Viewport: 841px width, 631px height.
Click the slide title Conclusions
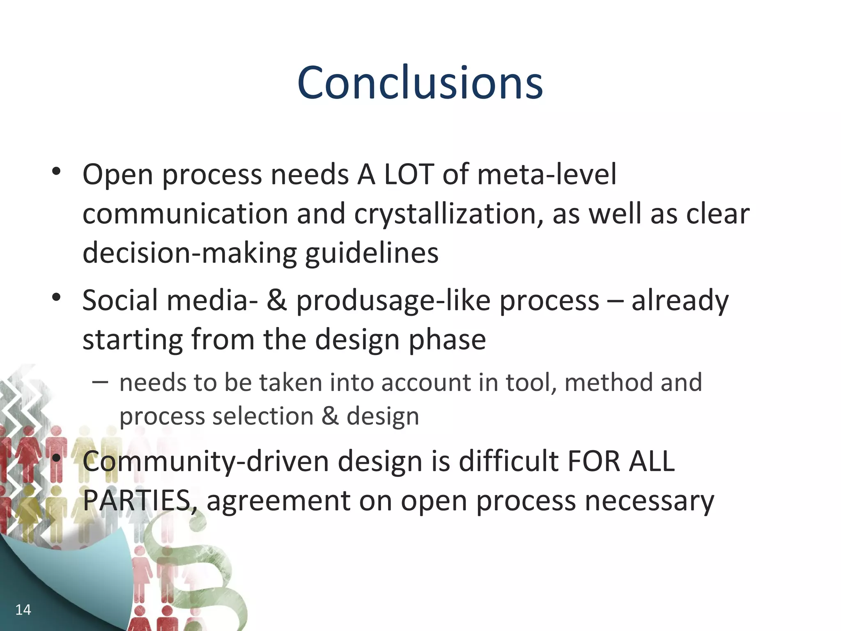coord(420,83)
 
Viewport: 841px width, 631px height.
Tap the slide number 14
coord(23,610)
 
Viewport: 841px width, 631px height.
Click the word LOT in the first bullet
coord(409,174)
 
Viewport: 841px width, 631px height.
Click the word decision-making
coord(189,253)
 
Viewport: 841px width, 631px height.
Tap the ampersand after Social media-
coord(276,300)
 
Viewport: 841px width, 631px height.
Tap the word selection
coord(263,416)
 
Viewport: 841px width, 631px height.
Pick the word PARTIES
coord(137,500)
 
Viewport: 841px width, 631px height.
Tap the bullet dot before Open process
coord(56,171)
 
